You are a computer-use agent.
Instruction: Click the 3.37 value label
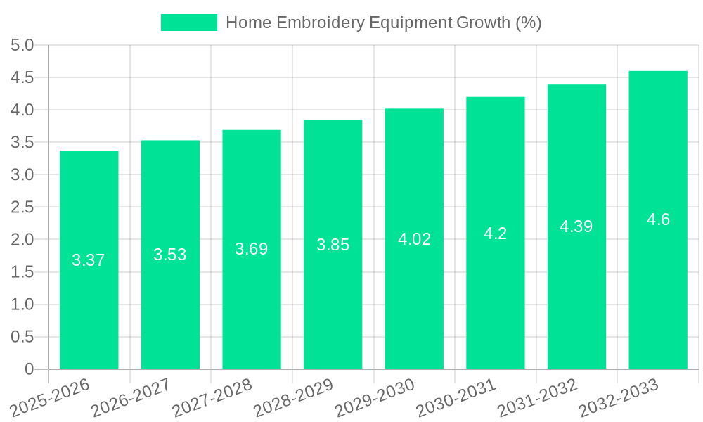point(89,260)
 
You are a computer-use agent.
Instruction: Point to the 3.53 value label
point(170,255)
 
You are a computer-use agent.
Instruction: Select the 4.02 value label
point(414,239)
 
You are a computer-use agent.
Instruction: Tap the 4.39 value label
point(576,226)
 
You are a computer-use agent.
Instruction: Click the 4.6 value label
point(658,219)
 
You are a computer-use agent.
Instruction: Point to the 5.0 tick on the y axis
point(22,46)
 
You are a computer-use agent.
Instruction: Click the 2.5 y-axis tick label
point(22,207)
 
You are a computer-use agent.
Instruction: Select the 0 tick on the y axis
point(29,369)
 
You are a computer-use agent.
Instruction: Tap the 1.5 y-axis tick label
point(22,272)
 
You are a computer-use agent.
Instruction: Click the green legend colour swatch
point(189,23)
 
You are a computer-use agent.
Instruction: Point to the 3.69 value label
point(252,249)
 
